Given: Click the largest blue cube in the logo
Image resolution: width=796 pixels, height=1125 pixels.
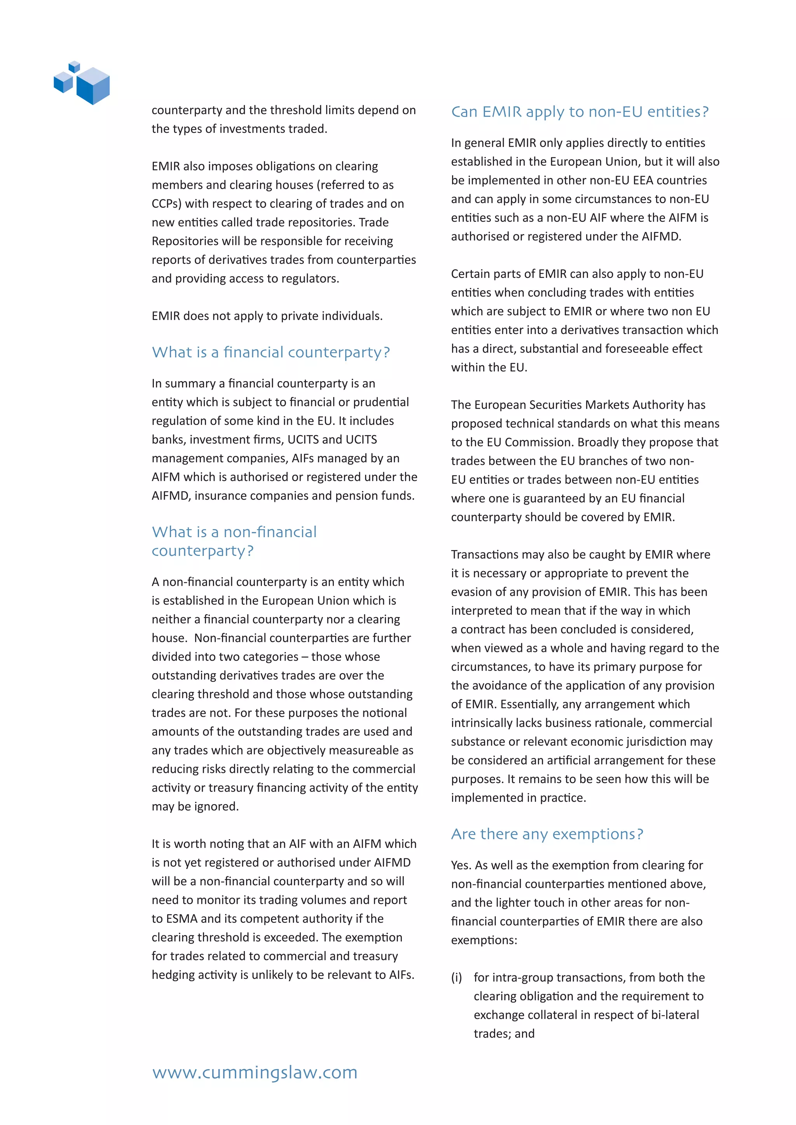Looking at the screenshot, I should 93,86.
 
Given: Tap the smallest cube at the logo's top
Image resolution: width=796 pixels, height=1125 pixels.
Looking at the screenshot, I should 75,66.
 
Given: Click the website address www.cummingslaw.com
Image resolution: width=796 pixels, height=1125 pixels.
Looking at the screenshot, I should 255,1072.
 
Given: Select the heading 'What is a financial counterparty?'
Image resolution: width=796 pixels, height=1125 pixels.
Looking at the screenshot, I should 271,352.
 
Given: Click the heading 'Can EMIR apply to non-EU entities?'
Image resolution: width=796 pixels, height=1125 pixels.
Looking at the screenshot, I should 580,112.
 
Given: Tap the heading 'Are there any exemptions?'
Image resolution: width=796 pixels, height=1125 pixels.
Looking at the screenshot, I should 546,834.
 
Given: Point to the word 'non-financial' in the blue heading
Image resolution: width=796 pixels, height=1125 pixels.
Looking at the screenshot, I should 270,532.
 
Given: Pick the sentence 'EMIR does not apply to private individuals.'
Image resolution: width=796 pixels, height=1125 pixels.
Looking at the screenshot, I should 267,316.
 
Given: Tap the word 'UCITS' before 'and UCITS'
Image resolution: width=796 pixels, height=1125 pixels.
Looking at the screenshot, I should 303,439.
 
